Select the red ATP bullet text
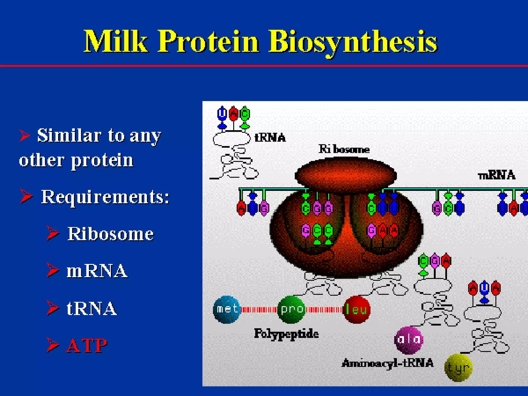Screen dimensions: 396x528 tap(87, 345)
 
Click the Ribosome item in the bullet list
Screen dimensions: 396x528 tap(110, 234)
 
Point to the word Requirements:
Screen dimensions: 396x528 tap(105, 197)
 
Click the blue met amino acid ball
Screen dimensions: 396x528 tap(227, 309)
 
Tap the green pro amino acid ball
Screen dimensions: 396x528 tap(291, 309)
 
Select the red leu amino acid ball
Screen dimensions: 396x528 tap(357, 309)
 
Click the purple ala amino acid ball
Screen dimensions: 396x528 tap(409, 340)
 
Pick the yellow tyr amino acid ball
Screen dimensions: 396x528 tap(458, 368)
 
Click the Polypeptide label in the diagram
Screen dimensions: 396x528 tap(286, 334)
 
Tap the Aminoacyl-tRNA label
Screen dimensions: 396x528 tap(387, 363)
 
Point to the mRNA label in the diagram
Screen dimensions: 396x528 tap(496, 176)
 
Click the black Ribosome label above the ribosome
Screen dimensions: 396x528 tap(344, 149)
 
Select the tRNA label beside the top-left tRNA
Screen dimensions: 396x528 tap(270, 137)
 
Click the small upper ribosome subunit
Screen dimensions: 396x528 tap(345, 175)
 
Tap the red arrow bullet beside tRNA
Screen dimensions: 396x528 tap(53, 308)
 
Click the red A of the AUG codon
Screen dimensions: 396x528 tap(241, 208)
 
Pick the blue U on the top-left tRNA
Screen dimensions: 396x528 tap(222, 114)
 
